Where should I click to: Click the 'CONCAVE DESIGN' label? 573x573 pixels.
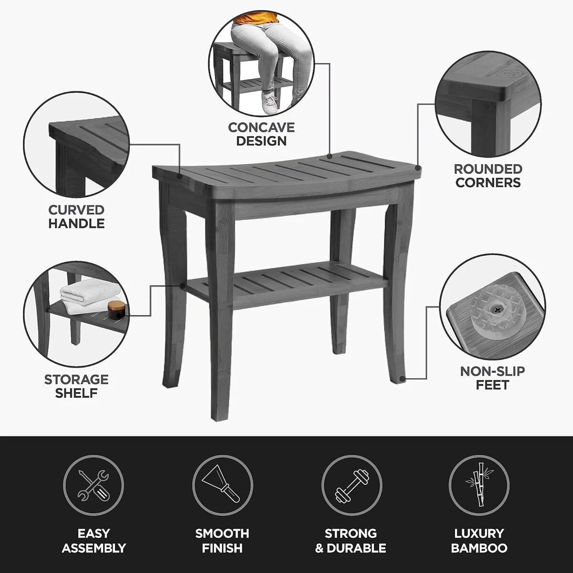pos(261,134)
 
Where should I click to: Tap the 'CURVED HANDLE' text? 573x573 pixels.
pos(76,217)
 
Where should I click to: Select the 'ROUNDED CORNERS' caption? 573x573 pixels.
pos(488,176)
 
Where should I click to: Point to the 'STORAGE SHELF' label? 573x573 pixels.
pos(76,386)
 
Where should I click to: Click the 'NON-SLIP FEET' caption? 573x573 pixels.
pos(492,378)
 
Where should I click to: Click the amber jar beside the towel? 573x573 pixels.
pos(116,310)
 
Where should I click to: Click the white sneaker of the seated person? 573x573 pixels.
pos(269,102)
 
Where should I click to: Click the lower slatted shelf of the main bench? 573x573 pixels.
pos(286,285)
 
